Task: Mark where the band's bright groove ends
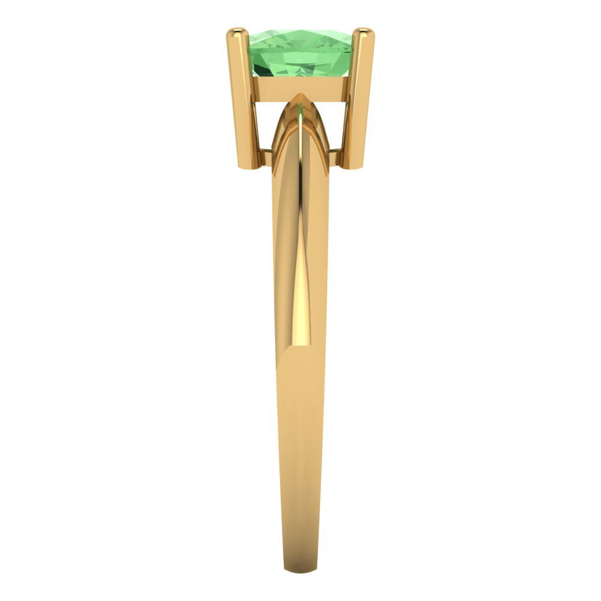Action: click(294, 345)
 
